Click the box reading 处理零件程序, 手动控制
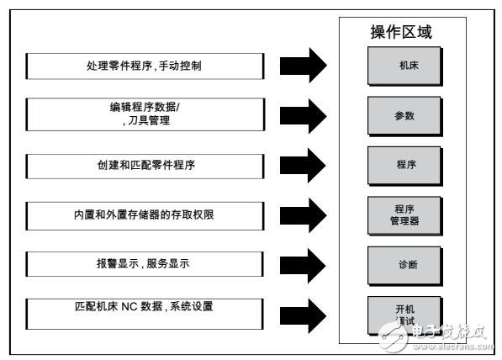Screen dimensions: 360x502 [145, 66]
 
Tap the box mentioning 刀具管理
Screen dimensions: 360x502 [145, 114]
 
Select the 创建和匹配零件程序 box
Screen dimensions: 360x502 [145, 162]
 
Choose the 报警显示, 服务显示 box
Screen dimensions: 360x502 [145, 263]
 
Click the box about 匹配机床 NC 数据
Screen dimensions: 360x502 [145, 312]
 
